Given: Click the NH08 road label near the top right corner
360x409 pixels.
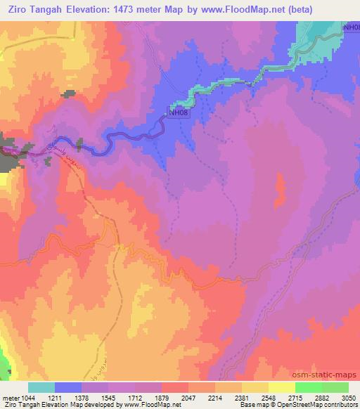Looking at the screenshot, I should pyautogui.click(x=350, y=27).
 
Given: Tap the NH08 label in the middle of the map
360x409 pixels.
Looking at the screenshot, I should pyautogui.click(x=177, y=111).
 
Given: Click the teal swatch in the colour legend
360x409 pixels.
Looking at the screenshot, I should pyautogui.click(x=41, y=387).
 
